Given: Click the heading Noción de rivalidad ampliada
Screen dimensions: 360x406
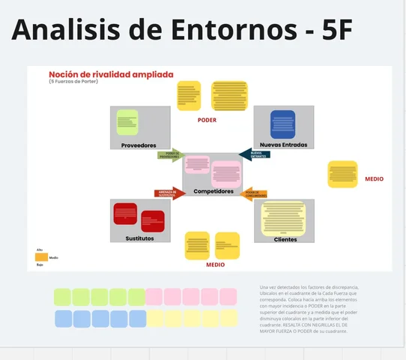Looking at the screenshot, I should coord(111,74).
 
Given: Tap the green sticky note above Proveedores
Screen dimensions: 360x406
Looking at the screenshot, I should coord(127,122).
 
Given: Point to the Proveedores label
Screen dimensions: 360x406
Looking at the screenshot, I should coord(139,145).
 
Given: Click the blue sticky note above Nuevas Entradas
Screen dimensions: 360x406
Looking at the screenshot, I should coord(282,124).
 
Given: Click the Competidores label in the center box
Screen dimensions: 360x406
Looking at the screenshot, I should coord(213,191).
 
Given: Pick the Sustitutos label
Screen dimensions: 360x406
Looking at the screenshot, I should coord(139,238).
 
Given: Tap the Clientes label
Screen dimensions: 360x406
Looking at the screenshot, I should coord(285,239).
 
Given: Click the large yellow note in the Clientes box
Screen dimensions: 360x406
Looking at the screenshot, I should coord(283,217).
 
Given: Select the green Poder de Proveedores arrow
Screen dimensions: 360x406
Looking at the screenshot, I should coord(169,155).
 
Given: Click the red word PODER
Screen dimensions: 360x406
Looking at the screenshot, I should coord(207,120).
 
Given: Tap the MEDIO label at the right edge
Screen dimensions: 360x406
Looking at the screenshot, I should coord(374,179).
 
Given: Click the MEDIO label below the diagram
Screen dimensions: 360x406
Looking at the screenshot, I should coord(216,265).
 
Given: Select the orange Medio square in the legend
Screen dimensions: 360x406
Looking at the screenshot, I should coord(42,257).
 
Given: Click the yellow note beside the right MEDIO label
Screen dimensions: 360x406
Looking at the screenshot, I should coord(342,174).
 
